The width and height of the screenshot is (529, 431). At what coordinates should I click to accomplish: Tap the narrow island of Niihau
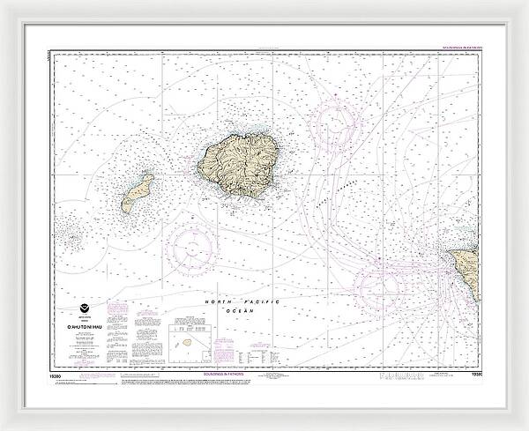(x=138, y=192)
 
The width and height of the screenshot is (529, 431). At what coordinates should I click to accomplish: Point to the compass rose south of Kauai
(x=196, y=249)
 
